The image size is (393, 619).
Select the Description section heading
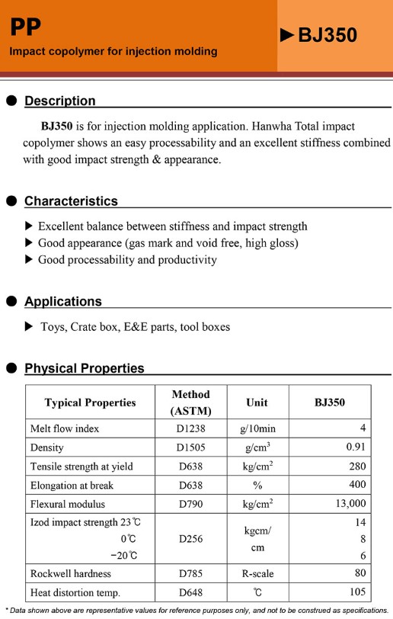coord(60,101)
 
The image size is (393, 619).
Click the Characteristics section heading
coord(71,201)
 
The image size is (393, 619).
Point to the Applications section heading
coord(62,301)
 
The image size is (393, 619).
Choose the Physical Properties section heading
coord(84,368)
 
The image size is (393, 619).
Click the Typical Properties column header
coord(90,403)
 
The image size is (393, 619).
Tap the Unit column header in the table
coord(257,403)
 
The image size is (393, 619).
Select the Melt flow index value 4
coord(363,428)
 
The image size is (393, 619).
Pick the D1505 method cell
coord(190,447)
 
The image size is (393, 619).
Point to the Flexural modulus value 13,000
coord(350,504)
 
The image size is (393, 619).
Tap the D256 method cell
coord(190,539)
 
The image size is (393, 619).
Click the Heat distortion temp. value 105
coord(358,592)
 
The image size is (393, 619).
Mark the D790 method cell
coord(190,504)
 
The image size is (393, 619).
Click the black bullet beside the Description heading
coord(11,101)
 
